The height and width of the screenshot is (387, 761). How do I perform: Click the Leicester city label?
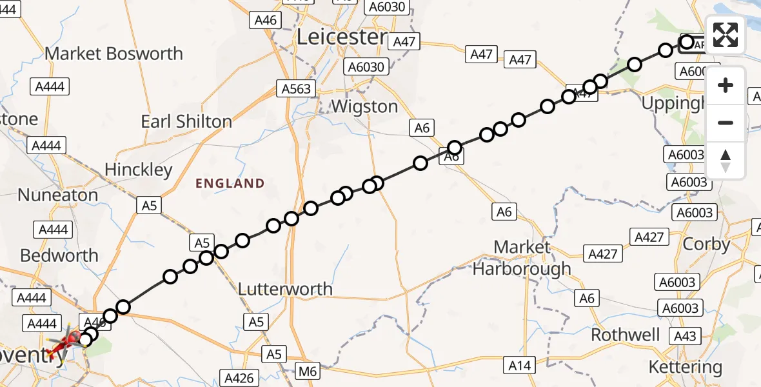pos(342,37)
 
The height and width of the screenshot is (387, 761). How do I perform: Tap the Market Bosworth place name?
pos(114,54)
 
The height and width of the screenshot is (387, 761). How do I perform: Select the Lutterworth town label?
pos(285,289)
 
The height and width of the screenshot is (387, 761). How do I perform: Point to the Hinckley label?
pos(139,170)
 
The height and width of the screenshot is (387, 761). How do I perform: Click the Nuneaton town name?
pos(58,195)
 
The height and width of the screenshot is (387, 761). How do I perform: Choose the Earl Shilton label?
pos(186,121)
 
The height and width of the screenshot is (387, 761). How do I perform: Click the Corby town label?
pos(706,244)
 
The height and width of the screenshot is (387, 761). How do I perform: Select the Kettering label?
pos(685,368)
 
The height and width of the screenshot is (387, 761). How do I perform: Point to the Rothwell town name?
pos(626,335)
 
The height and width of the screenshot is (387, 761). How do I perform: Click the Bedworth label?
pos(59,255)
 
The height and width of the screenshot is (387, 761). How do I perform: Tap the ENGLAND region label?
pos(230,184)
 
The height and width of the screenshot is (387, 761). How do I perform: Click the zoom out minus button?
pos(726,123)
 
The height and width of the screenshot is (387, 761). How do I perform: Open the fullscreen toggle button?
pos(726,35)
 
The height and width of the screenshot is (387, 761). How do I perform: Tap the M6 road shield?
pos(308,371)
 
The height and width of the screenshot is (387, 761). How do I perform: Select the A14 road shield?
pos(519,366)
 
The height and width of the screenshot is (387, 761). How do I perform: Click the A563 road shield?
pos(296,88)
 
